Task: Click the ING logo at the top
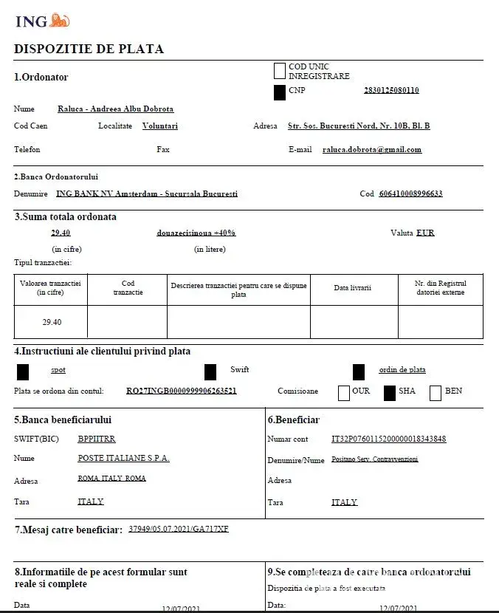tap(42, 21)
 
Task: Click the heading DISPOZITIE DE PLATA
tap(89, 49)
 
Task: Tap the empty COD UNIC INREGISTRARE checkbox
tap(279, 71)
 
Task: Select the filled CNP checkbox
tap(279, 92)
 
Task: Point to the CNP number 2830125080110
tap(391, 91)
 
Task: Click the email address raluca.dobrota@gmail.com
tap(372, 149)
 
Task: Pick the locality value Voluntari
tap(160, 126)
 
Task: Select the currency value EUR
tap(425, 233)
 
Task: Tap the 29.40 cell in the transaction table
tap(51, 322)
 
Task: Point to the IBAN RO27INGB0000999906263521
tap(182, 391)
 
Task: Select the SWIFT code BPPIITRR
tap(97, 439)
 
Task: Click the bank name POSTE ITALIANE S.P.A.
tap(123, 458)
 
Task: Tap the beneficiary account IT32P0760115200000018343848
tap(389, 439)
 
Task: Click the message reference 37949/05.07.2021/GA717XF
tap(179, 529)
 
